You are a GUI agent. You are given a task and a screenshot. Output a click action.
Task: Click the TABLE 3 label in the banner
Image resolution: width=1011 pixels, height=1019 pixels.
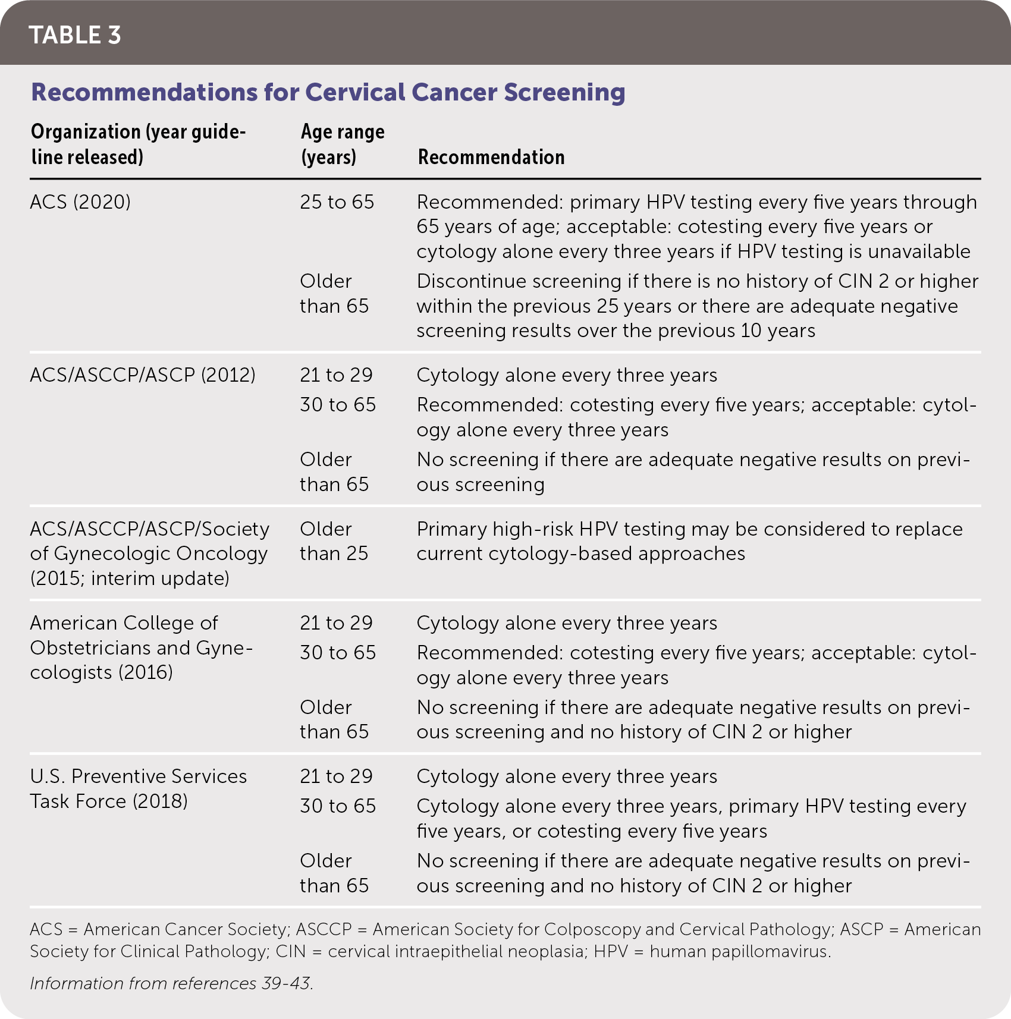(x=75, y=35)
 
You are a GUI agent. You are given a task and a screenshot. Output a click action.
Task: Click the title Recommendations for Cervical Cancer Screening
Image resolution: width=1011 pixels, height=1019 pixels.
(x=328, y=92)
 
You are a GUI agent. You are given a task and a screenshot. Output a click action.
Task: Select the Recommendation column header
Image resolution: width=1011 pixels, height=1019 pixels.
(x=491, y=157)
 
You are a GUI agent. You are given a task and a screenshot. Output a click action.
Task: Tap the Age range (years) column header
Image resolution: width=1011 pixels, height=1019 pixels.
(x=343, y=144)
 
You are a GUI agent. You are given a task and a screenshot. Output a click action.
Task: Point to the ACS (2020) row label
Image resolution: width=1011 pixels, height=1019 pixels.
(x=80, y=202)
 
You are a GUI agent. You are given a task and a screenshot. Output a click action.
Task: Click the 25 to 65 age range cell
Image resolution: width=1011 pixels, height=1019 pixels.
(x=337, y=202)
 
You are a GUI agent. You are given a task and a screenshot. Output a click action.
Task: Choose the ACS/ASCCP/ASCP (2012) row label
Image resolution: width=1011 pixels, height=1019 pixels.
(x=143, y=375)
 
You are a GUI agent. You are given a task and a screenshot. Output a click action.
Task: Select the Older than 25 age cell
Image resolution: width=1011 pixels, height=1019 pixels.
(x=334, y=541)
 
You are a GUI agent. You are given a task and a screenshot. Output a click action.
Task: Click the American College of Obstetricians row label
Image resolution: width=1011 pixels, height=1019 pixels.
(x=141, y=647)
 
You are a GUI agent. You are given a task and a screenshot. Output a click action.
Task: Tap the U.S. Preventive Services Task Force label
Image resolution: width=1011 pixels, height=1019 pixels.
(x=138, y=788)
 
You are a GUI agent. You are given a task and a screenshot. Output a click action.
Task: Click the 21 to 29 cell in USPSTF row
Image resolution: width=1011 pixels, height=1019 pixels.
(x=336, y=776)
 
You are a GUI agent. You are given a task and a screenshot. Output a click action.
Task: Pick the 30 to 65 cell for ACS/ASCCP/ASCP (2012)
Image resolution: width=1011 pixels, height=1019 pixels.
(x=338, y=405)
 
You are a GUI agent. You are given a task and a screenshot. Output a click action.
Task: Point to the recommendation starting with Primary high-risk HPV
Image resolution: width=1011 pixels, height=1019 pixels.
(x=689, y=541)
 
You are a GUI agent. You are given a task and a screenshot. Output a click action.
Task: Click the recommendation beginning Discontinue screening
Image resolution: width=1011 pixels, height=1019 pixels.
(x=697, y=306)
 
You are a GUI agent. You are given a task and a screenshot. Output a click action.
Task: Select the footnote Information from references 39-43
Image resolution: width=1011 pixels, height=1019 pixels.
(x=171, y=983)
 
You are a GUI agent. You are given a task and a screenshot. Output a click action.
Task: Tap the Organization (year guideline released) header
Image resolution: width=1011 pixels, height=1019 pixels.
(x=138, y=144)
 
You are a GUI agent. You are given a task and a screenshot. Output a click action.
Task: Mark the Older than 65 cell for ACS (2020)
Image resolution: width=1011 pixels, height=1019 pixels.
(x=334, y=294)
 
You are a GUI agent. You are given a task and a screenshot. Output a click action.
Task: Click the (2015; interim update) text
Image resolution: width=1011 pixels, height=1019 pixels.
(x=130, y=578)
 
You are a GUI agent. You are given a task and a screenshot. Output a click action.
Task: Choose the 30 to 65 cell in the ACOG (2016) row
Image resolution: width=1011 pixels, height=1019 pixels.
(x=338, y=653)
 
